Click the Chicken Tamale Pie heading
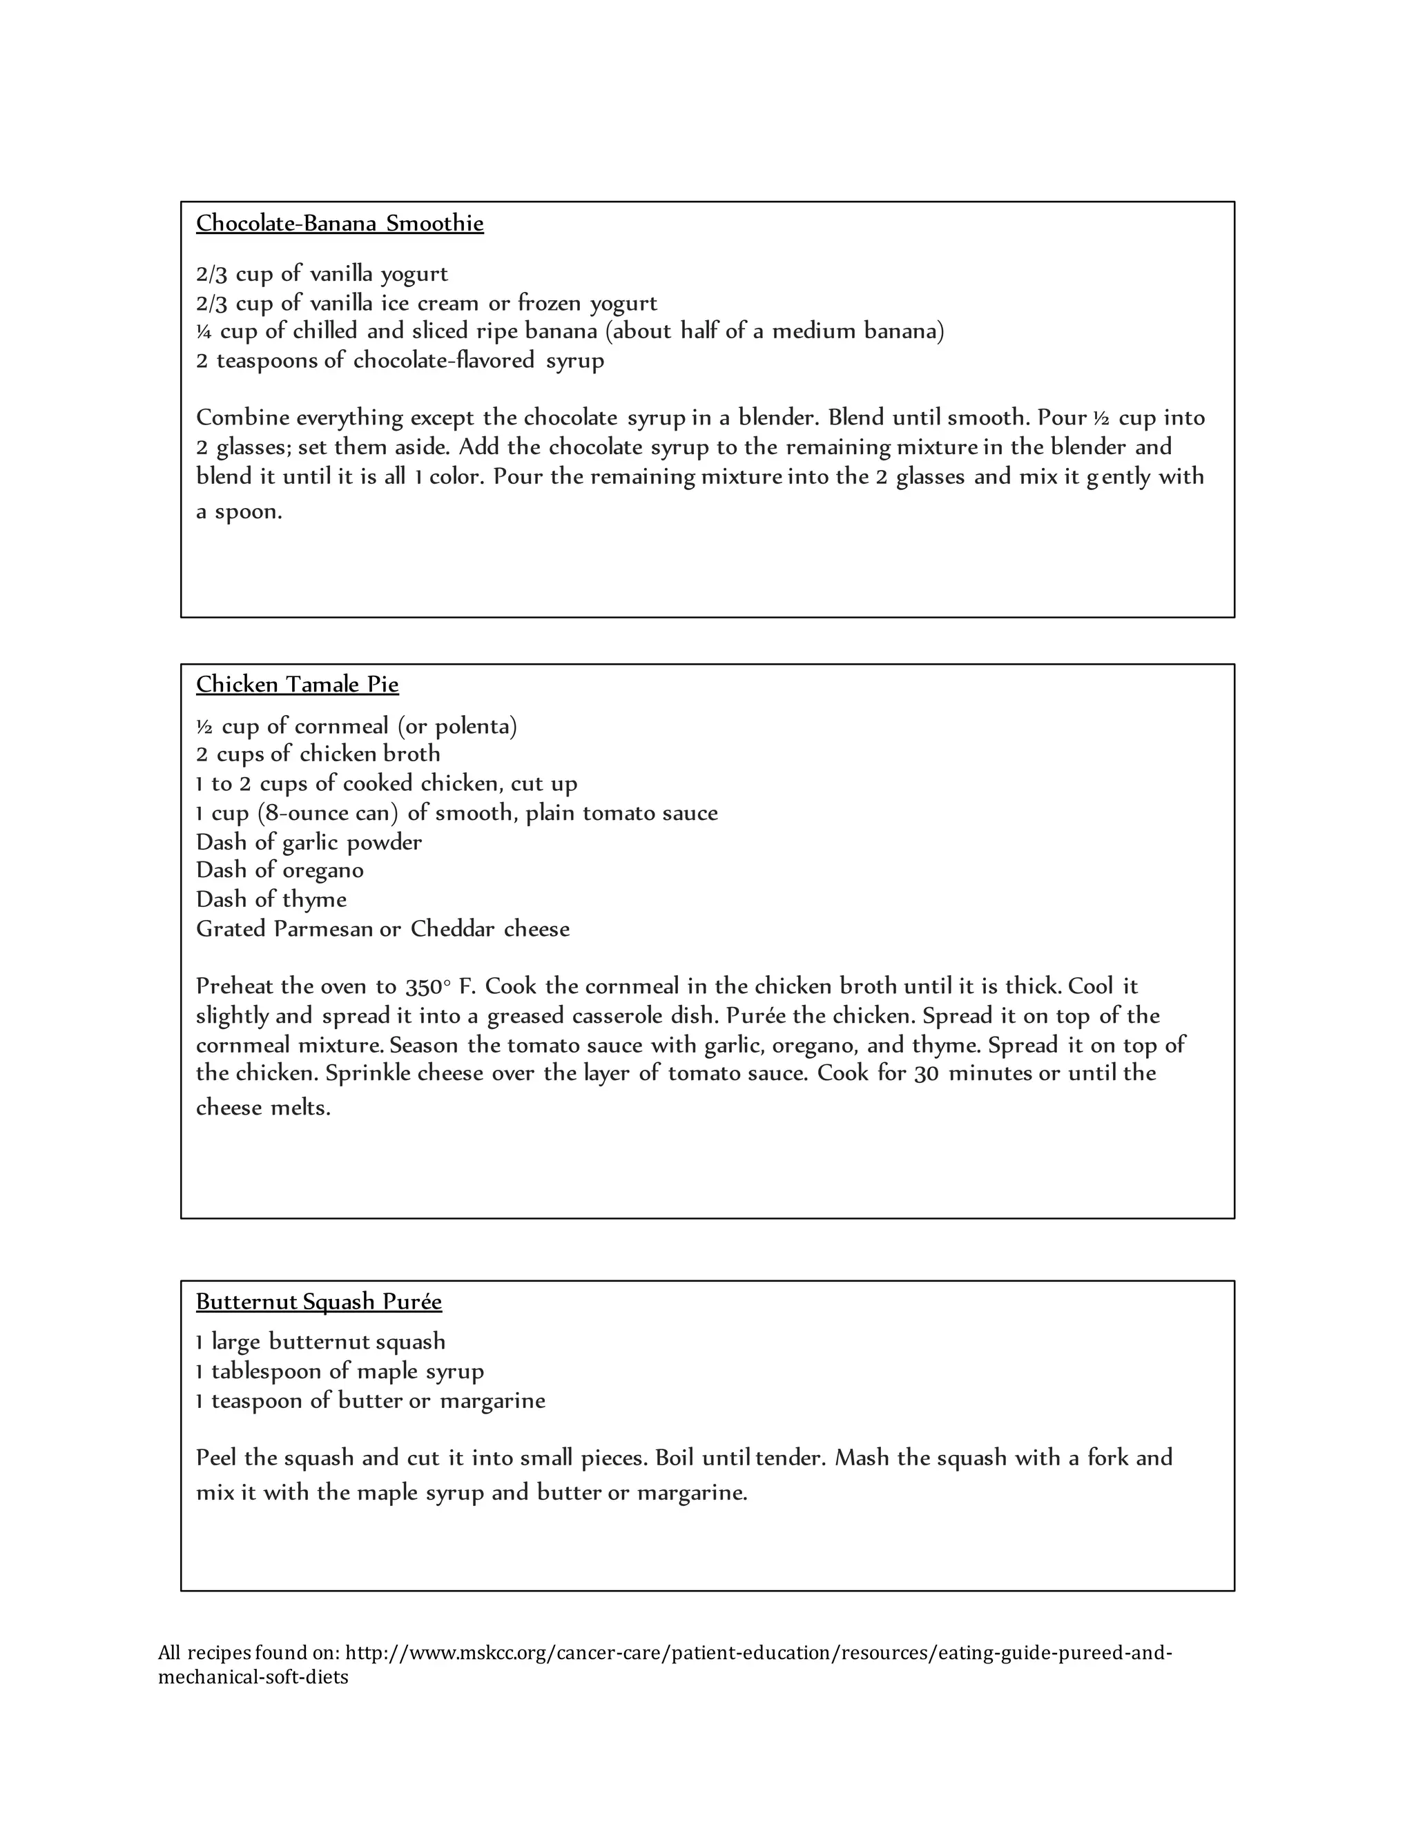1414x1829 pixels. tap(298, 684)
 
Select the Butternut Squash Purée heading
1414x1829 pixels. tap(318, 1302)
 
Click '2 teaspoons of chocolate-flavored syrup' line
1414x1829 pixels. tap(400, 361)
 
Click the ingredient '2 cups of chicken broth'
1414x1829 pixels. tap(318, 754)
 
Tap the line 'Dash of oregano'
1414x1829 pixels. tap(280, 870)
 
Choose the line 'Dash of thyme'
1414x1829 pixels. tap(271, 899)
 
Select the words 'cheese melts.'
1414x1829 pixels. tap(263, 1108)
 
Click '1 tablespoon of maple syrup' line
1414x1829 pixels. tap(339, 1371)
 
